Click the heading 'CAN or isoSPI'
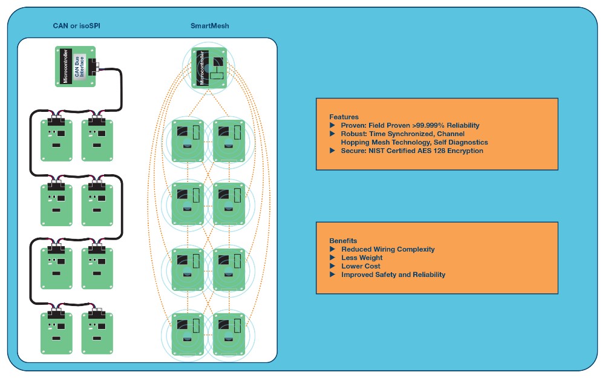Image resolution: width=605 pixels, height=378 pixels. coord(73,26)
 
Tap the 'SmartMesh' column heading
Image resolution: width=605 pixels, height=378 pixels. coord(209,26)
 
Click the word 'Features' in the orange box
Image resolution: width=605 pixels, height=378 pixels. coord(344,117)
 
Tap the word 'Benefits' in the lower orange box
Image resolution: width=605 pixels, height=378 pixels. coord(343,240)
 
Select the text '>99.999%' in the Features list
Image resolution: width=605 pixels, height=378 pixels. coord(434,125)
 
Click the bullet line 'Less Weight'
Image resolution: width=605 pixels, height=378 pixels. coord(362,258)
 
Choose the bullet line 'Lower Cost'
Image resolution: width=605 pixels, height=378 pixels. coord(361,266)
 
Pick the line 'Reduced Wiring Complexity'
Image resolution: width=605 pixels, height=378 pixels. coord(388,249)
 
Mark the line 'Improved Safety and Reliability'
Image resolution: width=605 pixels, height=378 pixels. coord(393,275)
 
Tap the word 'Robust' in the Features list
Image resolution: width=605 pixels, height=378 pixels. coord(353,134)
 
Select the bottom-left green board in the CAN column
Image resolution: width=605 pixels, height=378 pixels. coord(56,333)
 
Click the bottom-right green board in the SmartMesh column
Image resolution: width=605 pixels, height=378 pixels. coord(226,333)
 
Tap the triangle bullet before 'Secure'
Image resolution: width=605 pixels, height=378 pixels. coord(332,151)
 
